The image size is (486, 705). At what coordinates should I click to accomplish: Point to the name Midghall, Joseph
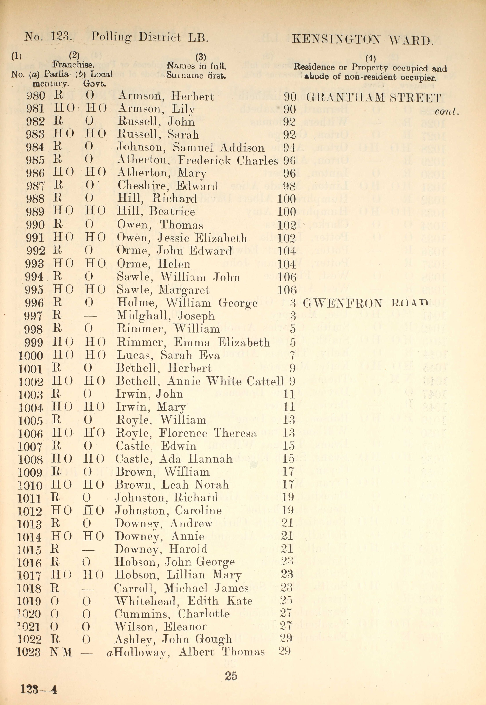coord(166,316)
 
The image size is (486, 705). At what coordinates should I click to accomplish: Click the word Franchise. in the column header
coord(73,65)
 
